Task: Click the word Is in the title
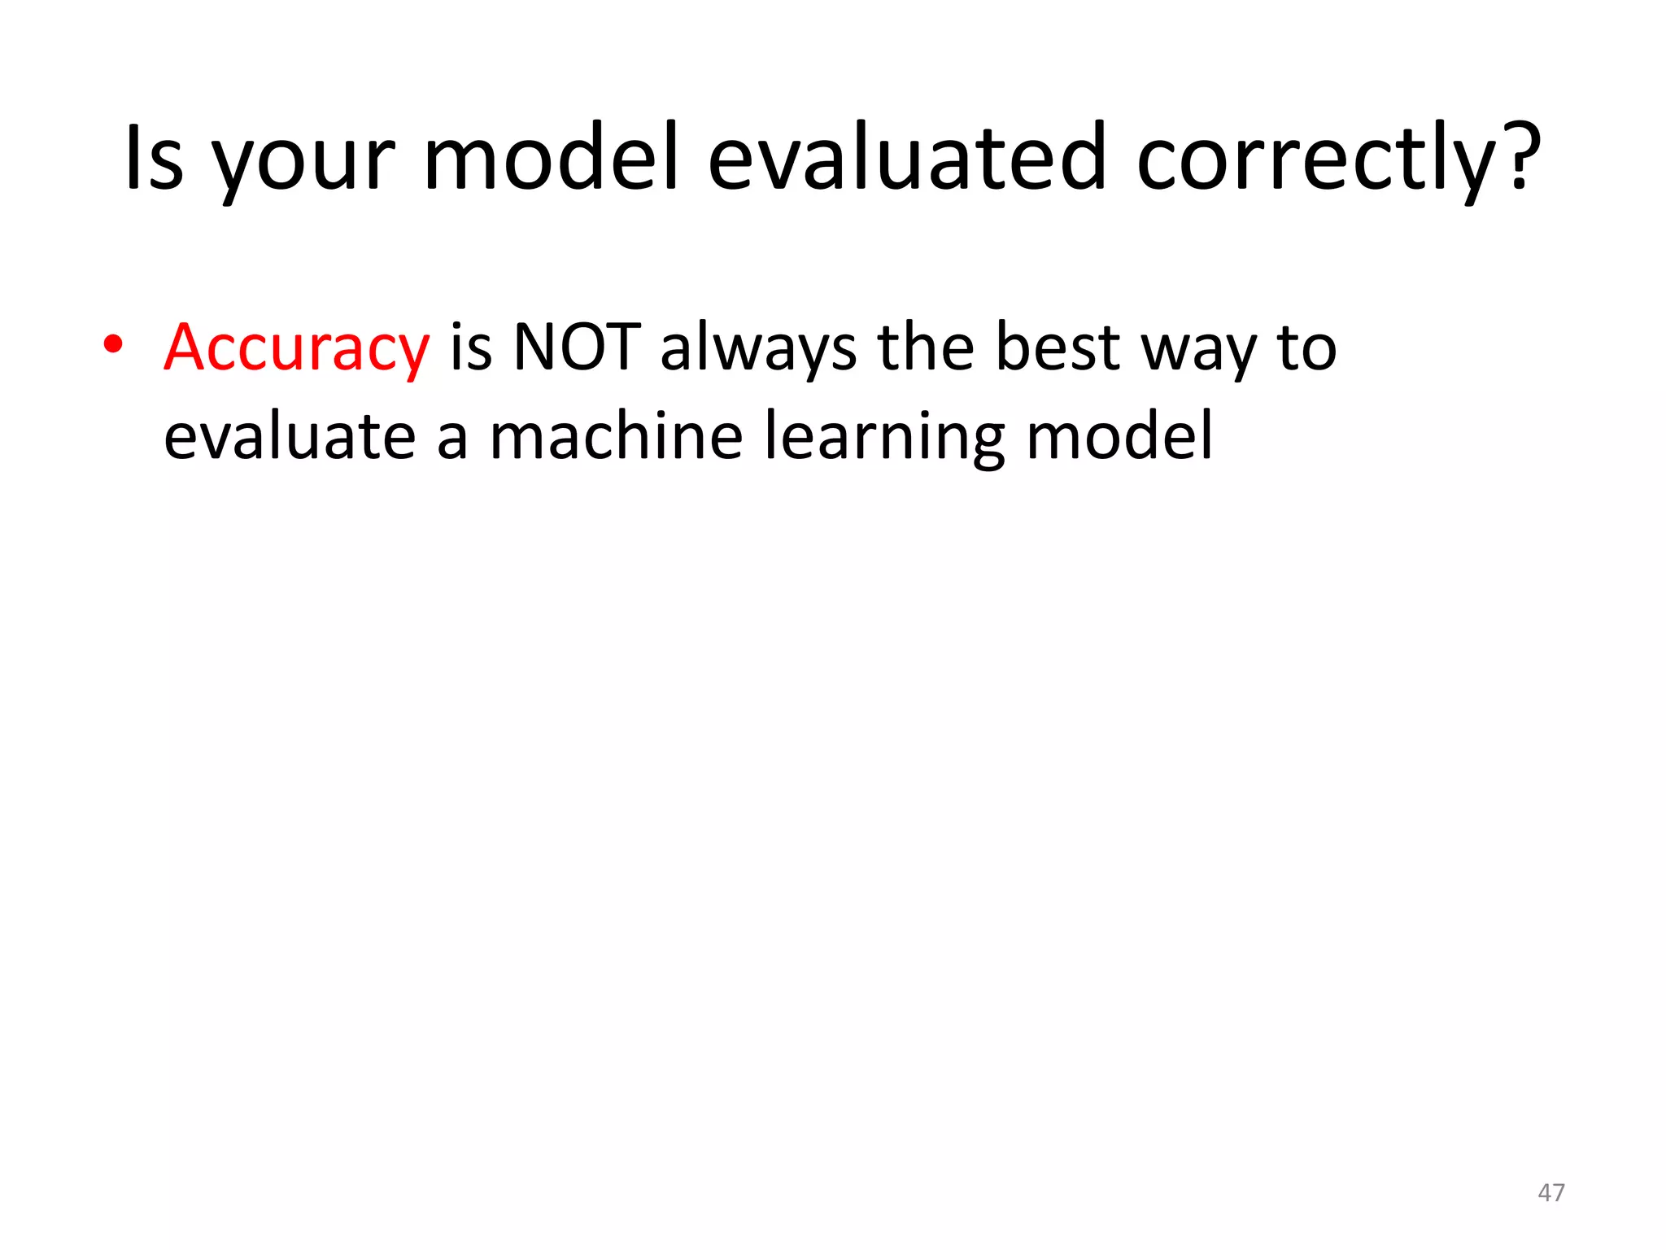[x=154, y=159]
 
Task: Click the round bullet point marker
[x=113, y=345]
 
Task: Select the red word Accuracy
[x=296, y=349]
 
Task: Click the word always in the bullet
[x=758, y=349]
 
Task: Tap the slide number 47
[x=1550, y=1193]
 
